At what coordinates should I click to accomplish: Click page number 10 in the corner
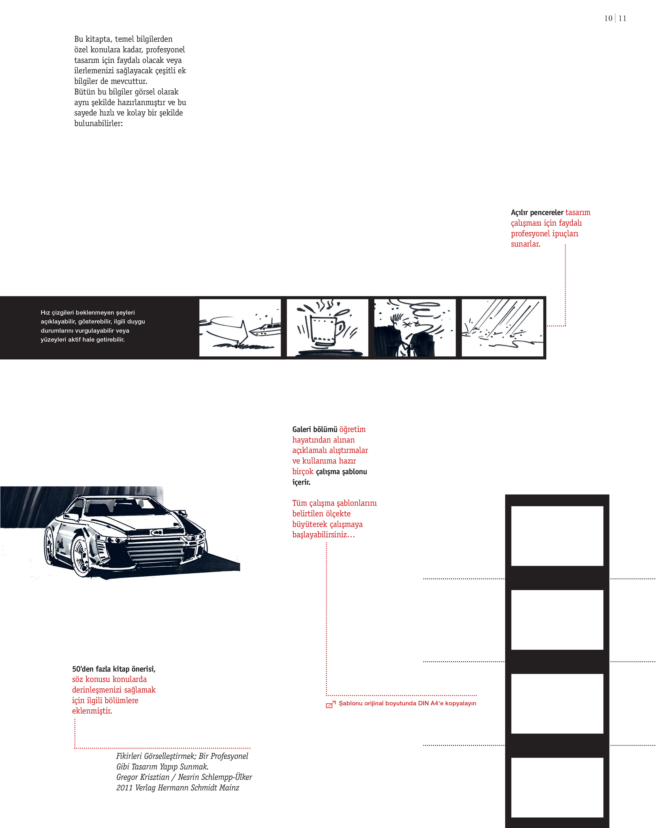pos(608,18)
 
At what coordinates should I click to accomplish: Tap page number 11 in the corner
pos(622,18)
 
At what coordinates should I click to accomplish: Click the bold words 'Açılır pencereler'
pos(537,212)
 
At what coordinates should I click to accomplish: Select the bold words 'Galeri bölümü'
pos(315,429)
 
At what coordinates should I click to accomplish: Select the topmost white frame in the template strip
pos(557,536)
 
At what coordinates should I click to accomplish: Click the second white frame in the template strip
pos(557,619)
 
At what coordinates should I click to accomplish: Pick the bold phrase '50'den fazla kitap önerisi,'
pos(114,669)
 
